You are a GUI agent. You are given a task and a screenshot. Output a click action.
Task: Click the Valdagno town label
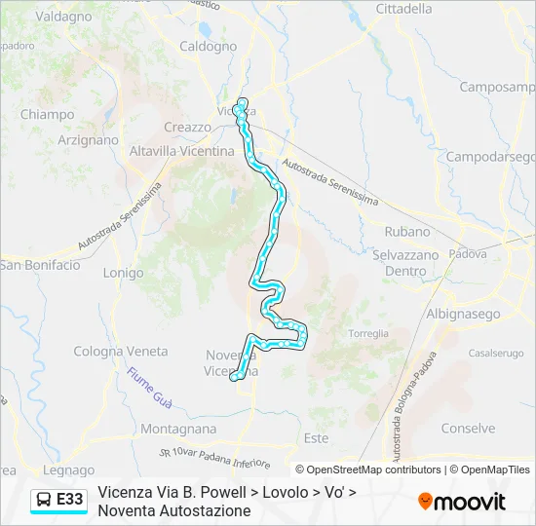click(64, 17)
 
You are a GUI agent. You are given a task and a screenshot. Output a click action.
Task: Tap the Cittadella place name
click(403, 9)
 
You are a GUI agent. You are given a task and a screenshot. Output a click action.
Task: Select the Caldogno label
click(208, 46)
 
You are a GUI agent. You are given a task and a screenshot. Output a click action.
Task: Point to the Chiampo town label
click(48, 114)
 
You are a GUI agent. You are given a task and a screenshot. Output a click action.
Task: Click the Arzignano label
click(88, 140)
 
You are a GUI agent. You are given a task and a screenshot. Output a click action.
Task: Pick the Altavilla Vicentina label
click(182, 152)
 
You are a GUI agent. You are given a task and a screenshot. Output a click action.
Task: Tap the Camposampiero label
click(498, 87)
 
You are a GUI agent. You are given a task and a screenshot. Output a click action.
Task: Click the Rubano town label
click(407, 232)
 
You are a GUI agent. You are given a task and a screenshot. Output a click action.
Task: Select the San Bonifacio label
click(40, 265)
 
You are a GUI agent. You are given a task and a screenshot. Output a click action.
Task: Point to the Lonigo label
click(123, 274)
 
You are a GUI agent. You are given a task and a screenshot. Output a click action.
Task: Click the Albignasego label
click(463, 315)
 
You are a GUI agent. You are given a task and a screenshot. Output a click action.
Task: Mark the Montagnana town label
click(178, 429)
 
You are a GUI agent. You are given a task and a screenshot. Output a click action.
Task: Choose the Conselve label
click(468, 429)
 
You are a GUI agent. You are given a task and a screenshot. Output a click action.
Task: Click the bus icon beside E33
click(44, 500)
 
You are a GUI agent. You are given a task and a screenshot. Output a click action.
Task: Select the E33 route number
click(69, 500)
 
